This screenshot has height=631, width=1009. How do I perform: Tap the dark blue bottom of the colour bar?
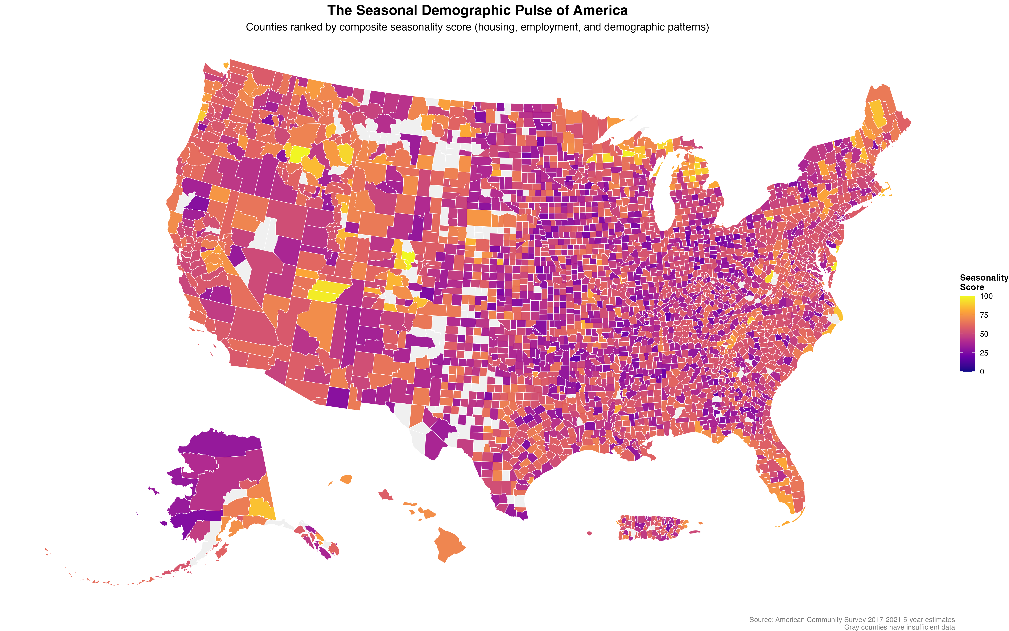[x=967, y=367]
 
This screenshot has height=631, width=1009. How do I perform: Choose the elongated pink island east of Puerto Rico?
[x=694, y=532]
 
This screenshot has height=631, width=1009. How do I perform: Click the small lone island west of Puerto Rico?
[x=589, y=533]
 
